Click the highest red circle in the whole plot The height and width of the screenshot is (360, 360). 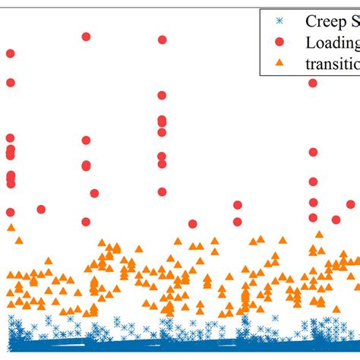click(86, 36)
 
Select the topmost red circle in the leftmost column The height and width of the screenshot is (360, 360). click(10, 53)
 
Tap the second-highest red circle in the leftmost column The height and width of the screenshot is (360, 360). click(10, 82)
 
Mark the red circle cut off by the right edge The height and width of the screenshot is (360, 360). click(351, 204)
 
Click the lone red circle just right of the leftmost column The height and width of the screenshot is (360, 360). click(41, 209)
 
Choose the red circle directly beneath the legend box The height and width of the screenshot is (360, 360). click(313, 83)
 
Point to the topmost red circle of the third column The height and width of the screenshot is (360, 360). click(162, 39)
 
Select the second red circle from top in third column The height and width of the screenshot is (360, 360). click(162, 95)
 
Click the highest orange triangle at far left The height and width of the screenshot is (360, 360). click(11, 227)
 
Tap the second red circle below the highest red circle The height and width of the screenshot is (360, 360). click(86, 165)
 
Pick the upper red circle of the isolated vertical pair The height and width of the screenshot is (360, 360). click(238, 205)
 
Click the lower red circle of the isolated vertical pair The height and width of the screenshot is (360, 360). click(238, 223)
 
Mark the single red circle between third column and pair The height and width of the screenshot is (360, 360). click(192, 223)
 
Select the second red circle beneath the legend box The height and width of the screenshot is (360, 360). click(313, 152)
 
